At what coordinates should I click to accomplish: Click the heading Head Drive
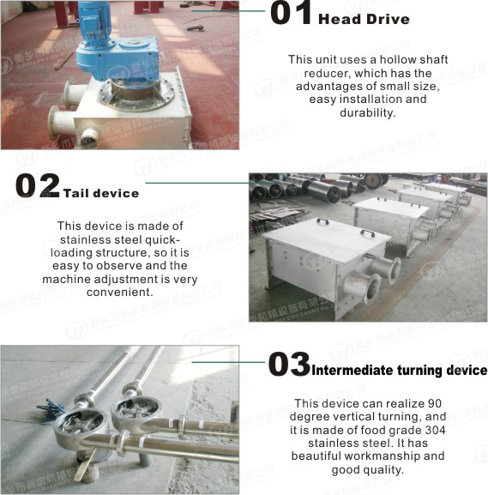[x=364, y=19]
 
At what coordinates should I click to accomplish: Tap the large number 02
[x=37, y=185]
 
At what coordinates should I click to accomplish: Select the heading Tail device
[x=100, y=193]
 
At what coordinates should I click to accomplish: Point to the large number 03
[x=288, y=365]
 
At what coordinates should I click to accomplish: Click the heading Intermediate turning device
[x=399, y=371]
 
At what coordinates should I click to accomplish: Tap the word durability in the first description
[x=368, y=112]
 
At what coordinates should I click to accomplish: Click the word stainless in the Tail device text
[x=81, y=239]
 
